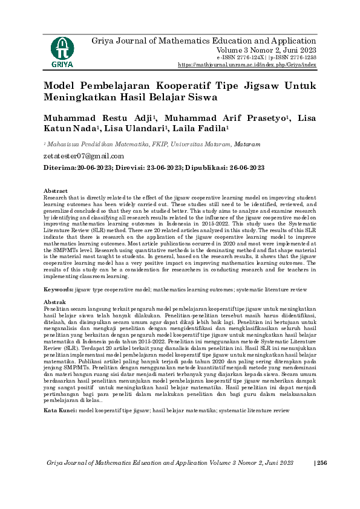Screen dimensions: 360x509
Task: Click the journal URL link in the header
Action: coord(247,64)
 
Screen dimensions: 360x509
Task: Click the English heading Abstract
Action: coord(56,190)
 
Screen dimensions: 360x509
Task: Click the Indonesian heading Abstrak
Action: coord(55,301)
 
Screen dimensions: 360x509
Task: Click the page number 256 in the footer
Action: coord(321,462)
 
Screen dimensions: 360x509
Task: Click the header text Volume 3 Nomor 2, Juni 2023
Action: coord(266,50)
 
